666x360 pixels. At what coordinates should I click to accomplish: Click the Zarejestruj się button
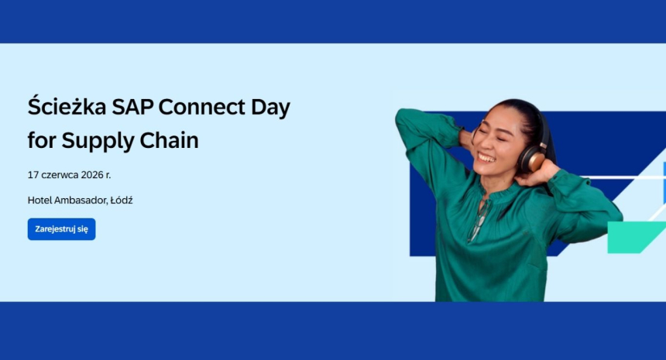pos(62,229)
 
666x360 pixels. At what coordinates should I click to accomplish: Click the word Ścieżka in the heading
pos(67,106)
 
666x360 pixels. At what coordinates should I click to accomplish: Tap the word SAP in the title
pos(132,107)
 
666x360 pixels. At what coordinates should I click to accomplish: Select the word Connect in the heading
pos(202,107)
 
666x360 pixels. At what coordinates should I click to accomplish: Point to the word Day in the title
pos(270,108)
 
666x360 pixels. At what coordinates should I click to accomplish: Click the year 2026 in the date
pos(92,175)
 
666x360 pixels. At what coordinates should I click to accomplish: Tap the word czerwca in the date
pos(60,175)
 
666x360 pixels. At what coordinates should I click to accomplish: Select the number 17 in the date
pos(33,175)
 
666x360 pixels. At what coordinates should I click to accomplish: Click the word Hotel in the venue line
pos(39,201)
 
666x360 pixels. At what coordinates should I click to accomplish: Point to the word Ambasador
pos(81,201)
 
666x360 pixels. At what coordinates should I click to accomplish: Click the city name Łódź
pos(122,200)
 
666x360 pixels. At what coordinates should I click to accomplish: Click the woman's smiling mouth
pos(487,159)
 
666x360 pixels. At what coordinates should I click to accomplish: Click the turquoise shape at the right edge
pos(636,237)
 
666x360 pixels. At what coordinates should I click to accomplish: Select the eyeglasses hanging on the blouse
pos(479,221)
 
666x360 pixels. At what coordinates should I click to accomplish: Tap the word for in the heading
pos(42,140)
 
